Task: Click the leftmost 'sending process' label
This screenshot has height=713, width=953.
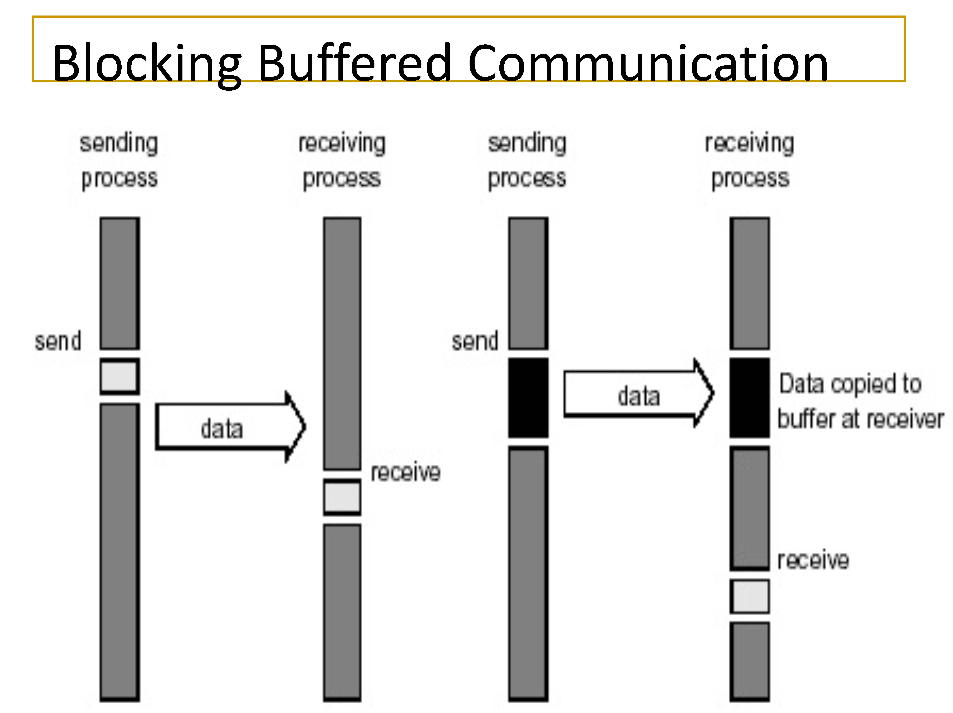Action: coord(119,160)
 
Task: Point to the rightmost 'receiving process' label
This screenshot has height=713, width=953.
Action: coord(750,160)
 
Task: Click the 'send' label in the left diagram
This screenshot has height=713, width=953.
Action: coord(58,341)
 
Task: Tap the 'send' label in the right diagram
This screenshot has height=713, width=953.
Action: coord(475,341)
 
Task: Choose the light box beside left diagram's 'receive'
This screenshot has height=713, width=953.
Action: coord(342,497)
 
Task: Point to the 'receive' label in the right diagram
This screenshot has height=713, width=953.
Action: coord(813,560)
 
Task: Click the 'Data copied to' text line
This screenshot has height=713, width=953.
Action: coord(850,384)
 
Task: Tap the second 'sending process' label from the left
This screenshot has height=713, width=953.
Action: coord(527,160)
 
